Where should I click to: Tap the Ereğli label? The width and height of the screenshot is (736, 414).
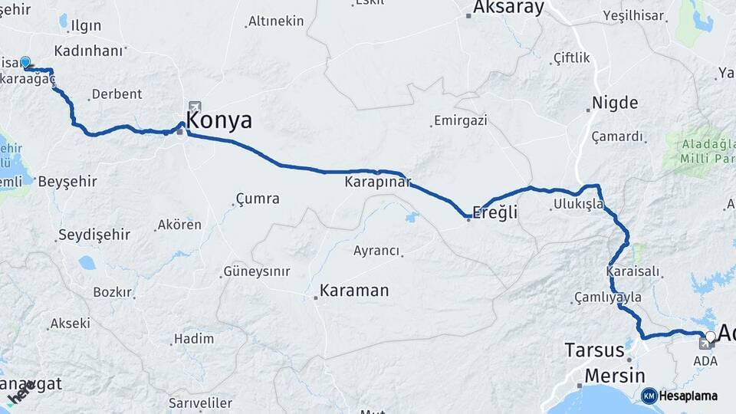click(x=495, y=213)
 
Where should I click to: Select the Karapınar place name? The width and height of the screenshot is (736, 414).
click(x=378, y=183)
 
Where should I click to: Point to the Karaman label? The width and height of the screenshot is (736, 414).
click(x=354, y=291)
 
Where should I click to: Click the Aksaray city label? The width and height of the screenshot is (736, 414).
click(x=509, y=8)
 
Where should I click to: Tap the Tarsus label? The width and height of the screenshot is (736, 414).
click(x=594, y=350)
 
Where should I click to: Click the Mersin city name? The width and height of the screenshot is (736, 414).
click(x=614, y=376)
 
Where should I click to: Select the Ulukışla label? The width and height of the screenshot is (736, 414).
click(x=578, y=205)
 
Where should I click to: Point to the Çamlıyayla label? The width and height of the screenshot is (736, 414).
click(x=607, y=297)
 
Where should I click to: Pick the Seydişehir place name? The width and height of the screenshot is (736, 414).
click(x=94, y=235)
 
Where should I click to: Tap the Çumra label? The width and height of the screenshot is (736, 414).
click(x=258, y=199)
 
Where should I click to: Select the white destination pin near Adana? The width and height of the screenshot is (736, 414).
click(x=711, y=337)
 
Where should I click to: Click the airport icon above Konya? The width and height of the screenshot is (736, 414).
click(x=194, y=107)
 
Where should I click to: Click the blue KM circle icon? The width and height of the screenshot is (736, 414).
click(x=649, y=396)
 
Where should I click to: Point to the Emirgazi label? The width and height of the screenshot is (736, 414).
click(x=460, y=120)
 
